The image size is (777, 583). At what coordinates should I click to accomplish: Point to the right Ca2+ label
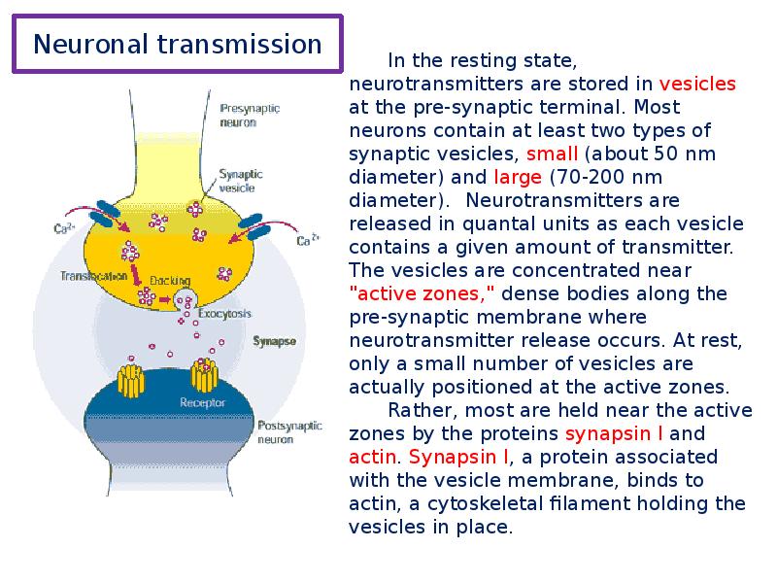[309, 240]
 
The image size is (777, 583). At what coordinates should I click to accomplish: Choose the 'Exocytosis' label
[225, 314]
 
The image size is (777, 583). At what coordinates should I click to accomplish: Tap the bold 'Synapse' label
[274, 341]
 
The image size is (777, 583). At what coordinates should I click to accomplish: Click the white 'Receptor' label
[202, 402]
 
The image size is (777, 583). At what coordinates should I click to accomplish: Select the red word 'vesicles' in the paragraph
[697, 84]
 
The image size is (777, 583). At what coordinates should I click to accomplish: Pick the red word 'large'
[518, 177]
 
